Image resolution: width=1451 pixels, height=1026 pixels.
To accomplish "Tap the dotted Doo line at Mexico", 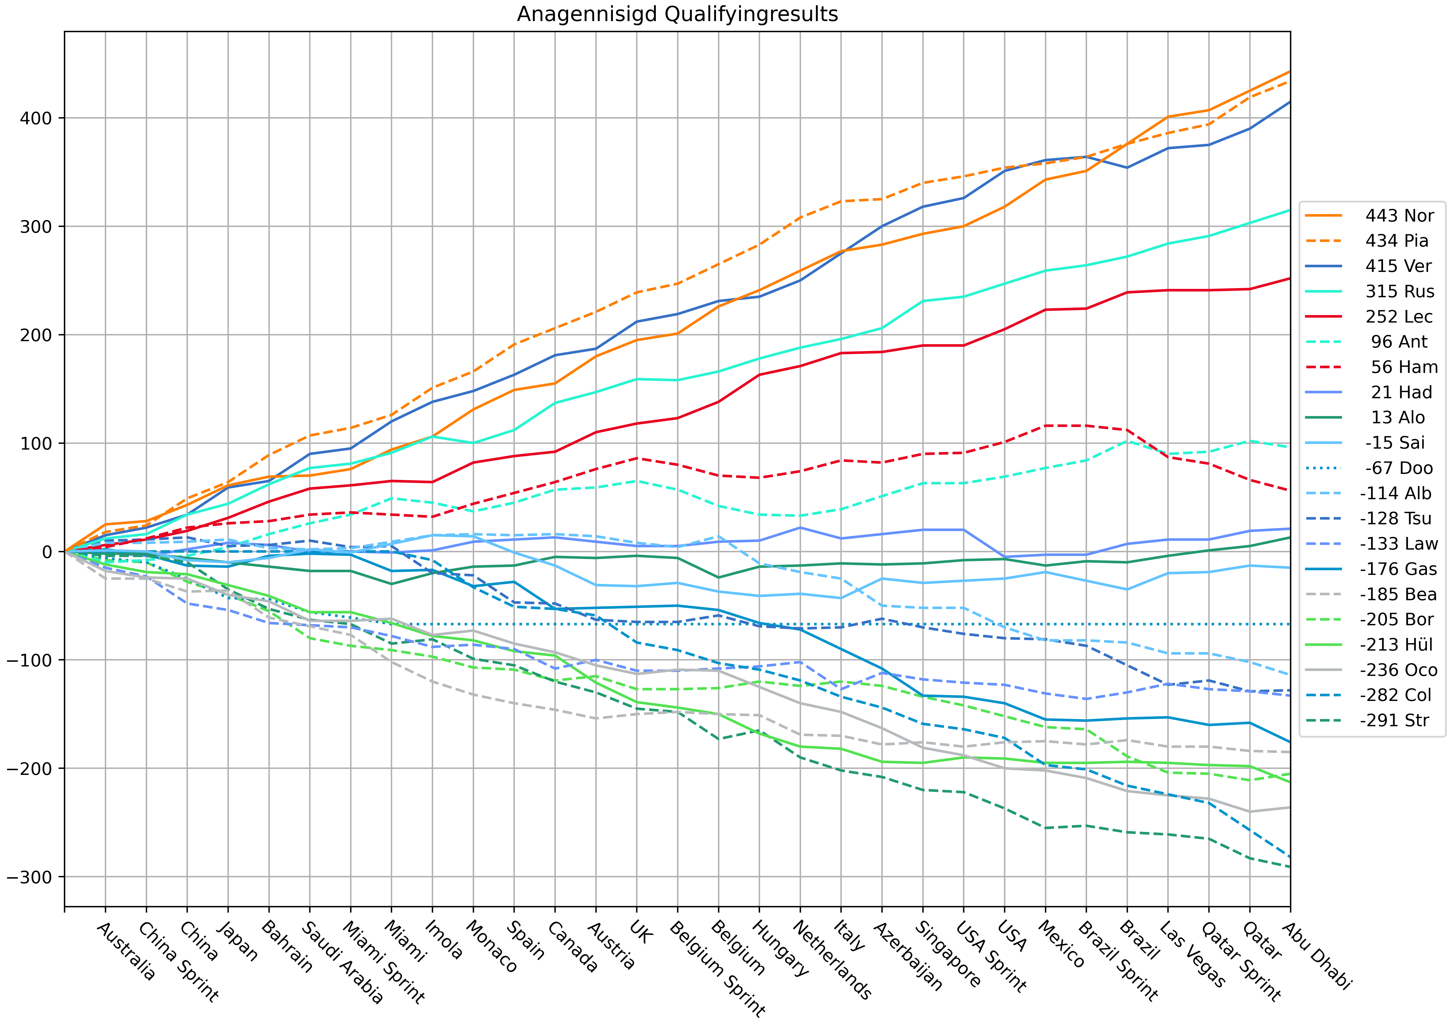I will click(1045, 624).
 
